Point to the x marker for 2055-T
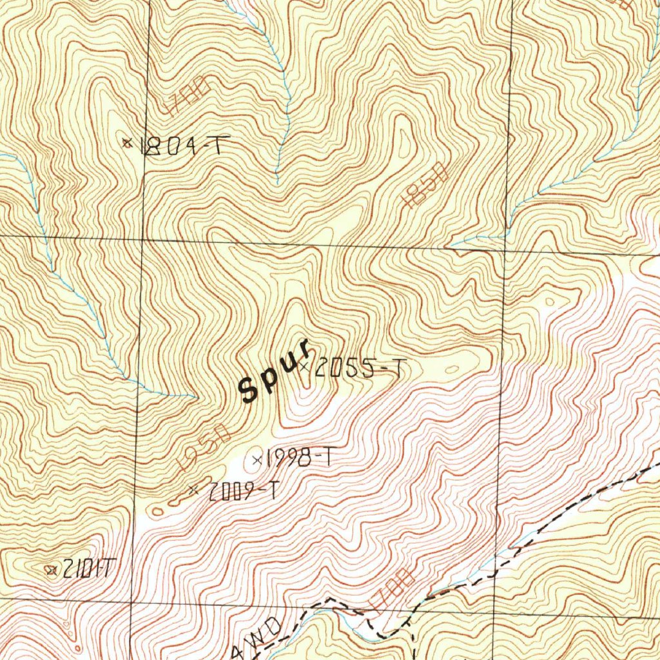tap(304, 366)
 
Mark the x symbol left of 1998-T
tap(257, 460)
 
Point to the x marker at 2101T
tap(51, 569)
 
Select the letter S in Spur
tap(247, 389)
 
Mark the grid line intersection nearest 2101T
tap(131, 604)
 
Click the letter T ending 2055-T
tap(400, 369)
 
